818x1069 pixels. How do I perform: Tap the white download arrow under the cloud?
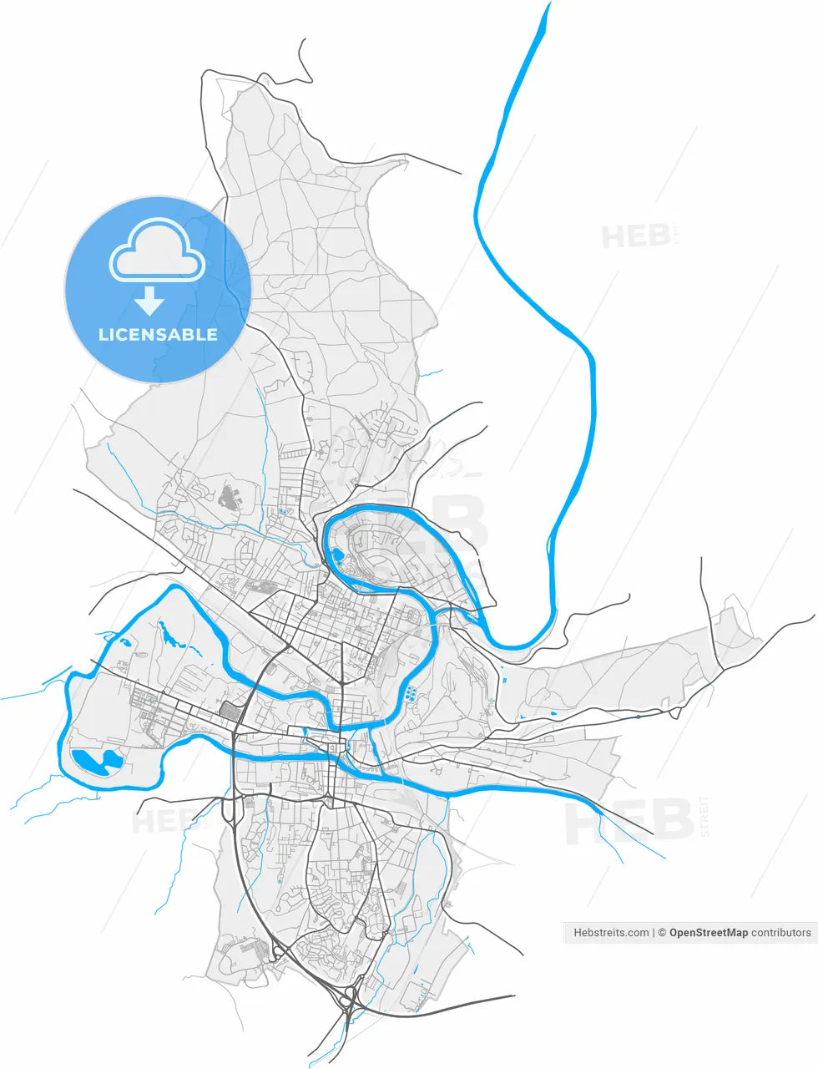(150, 300)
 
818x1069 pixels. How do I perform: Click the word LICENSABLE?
(158, 335)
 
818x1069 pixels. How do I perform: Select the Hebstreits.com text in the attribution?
(611, 933)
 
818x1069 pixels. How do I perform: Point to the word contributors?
(780, 933)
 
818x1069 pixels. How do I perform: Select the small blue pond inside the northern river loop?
(336, 555)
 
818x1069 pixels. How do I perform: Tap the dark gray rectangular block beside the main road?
(227, 711)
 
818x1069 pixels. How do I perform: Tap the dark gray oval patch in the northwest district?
(227, 499)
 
